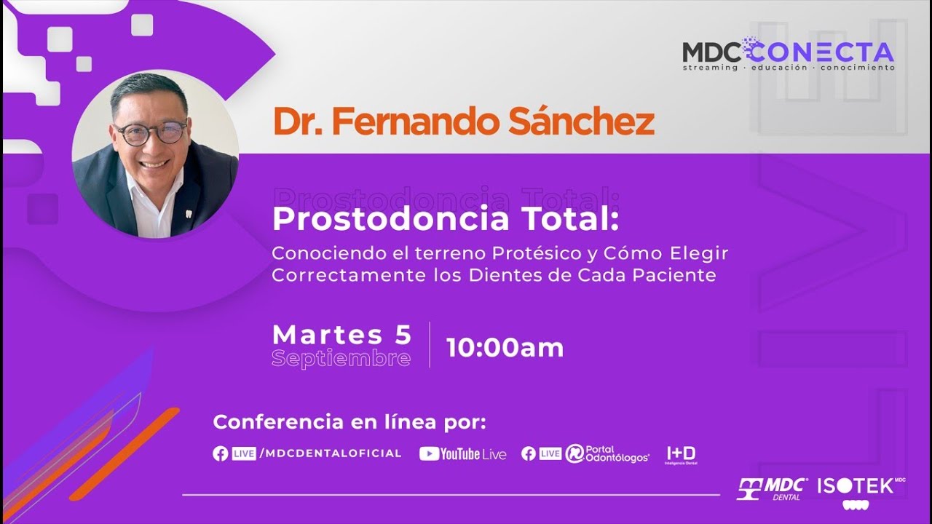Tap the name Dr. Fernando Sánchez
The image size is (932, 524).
(463, 122)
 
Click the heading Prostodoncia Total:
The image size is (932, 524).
(446, 219)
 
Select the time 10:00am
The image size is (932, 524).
(505, 348)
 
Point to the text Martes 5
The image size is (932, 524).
(341, 335)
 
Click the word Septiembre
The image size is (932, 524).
(341, 359)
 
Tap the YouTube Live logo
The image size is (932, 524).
(463, 453)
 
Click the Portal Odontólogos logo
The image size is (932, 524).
(607, 453)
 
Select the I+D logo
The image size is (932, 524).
(681, 454)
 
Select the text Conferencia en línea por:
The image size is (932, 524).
(349, 422)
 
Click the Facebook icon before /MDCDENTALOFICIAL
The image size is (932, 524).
(221, 453)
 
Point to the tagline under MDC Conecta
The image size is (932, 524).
(788, 68)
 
